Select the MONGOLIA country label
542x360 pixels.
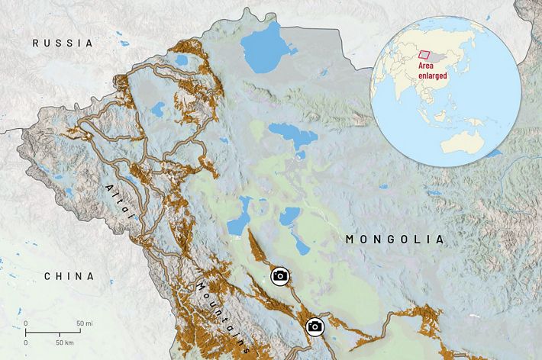click(x=393, y=239)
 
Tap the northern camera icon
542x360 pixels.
click(x=280, y=276)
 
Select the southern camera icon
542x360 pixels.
click(x=314, y=327)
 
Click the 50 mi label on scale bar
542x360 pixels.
click(x=84, y=325)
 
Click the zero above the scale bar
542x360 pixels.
click(x=26, y=325)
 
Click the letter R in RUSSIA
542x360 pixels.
click(x=35, y=43)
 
